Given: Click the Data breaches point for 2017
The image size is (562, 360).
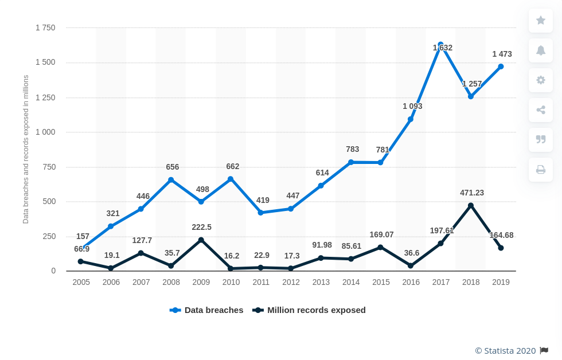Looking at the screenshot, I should click(440, 45).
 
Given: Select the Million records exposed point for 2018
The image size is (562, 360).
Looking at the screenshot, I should click(471, 205).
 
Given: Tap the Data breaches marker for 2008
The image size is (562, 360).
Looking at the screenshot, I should click(171, 180).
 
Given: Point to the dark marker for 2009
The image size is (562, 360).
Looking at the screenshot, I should click(201, 240).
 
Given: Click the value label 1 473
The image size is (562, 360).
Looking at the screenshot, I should click(502, 54).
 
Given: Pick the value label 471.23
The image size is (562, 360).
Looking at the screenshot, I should click(472, 193).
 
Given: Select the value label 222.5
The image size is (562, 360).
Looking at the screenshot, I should click(201, 227).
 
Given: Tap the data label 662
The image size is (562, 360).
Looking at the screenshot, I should click(232, 167).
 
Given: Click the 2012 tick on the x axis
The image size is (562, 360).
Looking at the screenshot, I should click(291, 282).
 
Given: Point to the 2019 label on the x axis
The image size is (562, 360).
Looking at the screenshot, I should click(501, 282).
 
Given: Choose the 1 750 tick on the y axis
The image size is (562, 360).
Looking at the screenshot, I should click(45, 28).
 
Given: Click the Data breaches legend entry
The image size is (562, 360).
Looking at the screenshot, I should click(207, 310).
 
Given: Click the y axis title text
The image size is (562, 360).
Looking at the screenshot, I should click(26, 149).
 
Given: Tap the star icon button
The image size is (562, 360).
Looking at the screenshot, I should click(541, 21).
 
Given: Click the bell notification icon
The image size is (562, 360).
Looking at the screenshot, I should click(541, 50).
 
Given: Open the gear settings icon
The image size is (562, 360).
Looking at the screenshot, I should click(541, 80).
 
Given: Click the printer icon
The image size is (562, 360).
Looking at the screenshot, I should click(541, 170).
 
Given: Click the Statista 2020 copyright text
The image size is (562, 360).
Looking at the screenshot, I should click(505, 351).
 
